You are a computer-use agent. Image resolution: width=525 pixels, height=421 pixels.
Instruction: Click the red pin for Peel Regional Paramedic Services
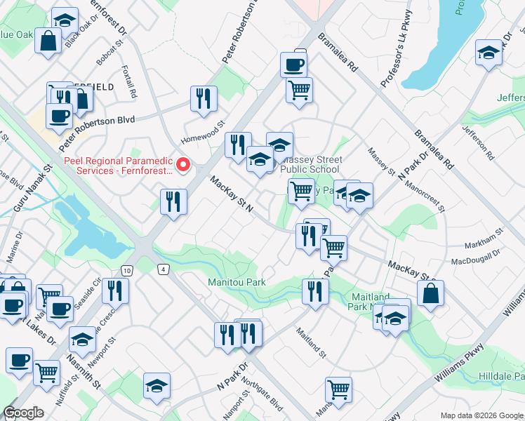(183, 165)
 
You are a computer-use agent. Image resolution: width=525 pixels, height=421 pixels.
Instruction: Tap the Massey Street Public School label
(310, 164)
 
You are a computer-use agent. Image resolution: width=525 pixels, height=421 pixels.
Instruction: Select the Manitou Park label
(237, 282)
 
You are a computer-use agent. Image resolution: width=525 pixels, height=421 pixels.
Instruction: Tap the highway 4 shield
(163, 269)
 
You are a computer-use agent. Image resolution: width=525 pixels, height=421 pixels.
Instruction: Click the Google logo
(23, 413)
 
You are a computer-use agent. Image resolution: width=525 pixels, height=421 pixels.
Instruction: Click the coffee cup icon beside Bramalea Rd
(293, 65)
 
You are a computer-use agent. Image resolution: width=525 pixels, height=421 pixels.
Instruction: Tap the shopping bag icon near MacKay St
(430, 294)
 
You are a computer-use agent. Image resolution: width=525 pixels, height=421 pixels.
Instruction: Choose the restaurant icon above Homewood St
(204, 98)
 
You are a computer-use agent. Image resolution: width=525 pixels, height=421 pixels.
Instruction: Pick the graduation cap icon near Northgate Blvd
(157, 385)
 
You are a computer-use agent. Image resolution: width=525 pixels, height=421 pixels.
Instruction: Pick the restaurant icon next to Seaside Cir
(116, 291)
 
